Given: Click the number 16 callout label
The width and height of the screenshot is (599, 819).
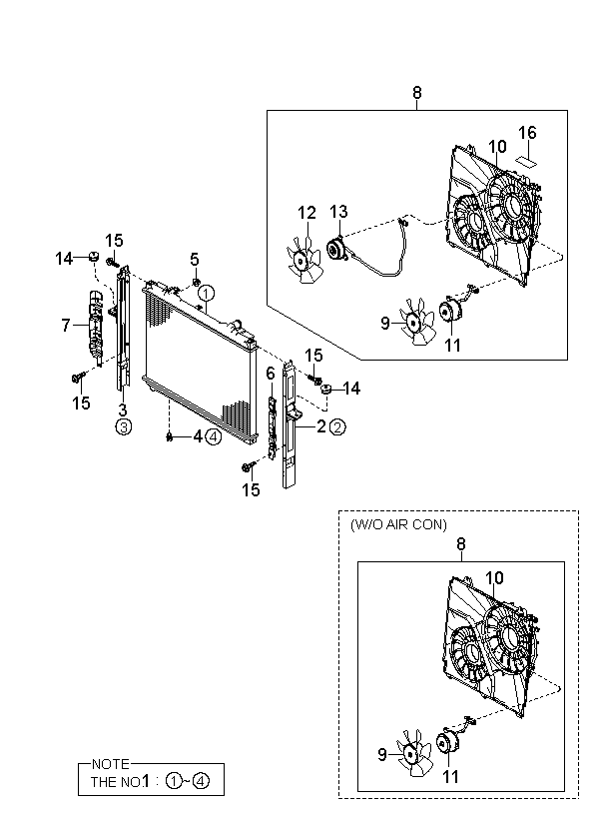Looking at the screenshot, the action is coord(527,133).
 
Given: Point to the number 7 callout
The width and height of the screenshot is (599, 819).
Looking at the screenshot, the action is coord(65,326).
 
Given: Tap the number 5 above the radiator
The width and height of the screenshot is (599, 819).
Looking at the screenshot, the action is coord(195,259).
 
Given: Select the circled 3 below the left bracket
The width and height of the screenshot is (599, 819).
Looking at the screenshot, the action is coord(123,427).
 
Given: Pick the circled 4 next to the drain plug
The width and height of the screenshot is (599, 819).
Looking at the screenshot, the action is coord(214,436).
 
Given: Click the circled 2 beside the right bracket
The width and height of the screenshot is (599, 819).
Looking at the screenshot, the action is coord(337,427).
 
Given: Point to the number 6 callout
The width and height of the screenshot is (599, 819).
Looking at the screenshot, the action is coord(270,374).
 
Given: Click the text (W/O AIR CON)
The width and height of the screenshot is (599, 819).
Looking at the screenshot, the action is coord(398,524).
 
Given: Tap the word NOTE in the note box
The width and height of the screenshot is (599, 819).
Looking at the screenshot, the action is coord(110,764).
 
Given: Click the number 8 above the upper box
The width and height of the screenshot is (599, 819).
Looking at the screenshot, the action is coord(416,93).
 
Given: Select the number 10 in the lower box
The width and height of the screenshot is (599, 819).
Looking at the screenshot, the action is coord(494,578).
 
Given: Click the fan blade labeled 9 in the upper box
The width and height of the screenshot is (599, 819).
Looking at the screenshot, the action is coord(417,322).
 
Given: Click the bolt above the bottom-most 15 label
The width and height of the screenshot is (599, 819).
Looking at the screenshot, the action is coord(249,465).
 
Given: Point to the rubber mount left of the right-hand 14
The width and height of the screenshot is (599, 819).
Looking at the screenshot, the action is coord(325,390).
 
